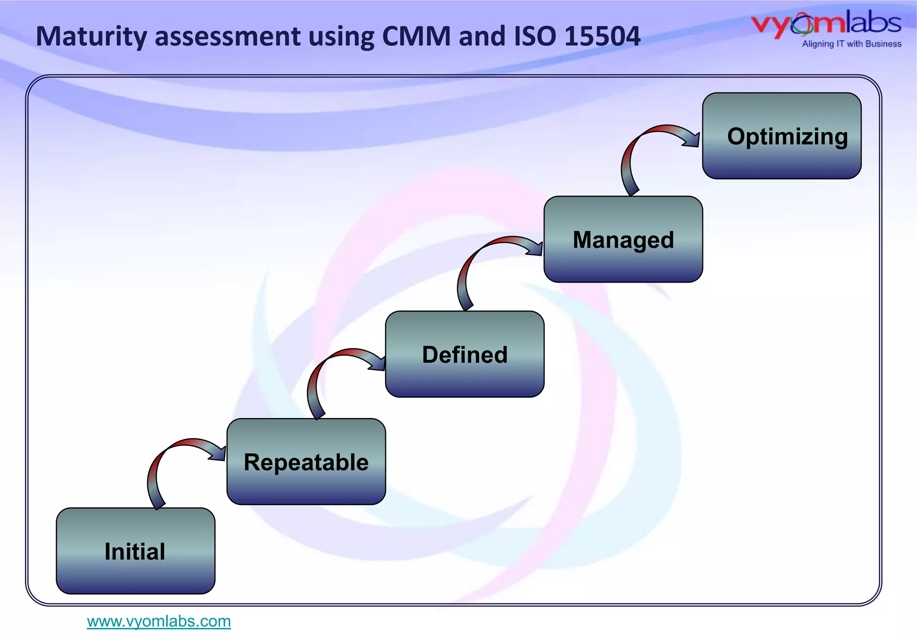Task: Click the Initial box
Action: click(x=135, y=551)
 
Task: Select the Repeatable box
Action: click(x=306, y=462)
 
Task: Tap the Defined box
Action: click(x=464, y=354)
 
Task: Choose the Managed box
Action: click(x=623, y=239)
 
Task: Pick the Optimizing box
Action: click(x=781, y=136)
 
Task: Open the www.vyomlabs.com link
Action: click(x=159, y=621)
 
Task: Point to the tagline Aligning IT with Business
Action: click(x=851, y=44)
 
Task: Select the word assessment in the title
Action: click(x=227, y=37)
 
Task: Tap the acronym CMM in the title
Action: click(x=416, y=36)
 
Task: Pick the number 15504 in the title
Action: click(x=602, y=36)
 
